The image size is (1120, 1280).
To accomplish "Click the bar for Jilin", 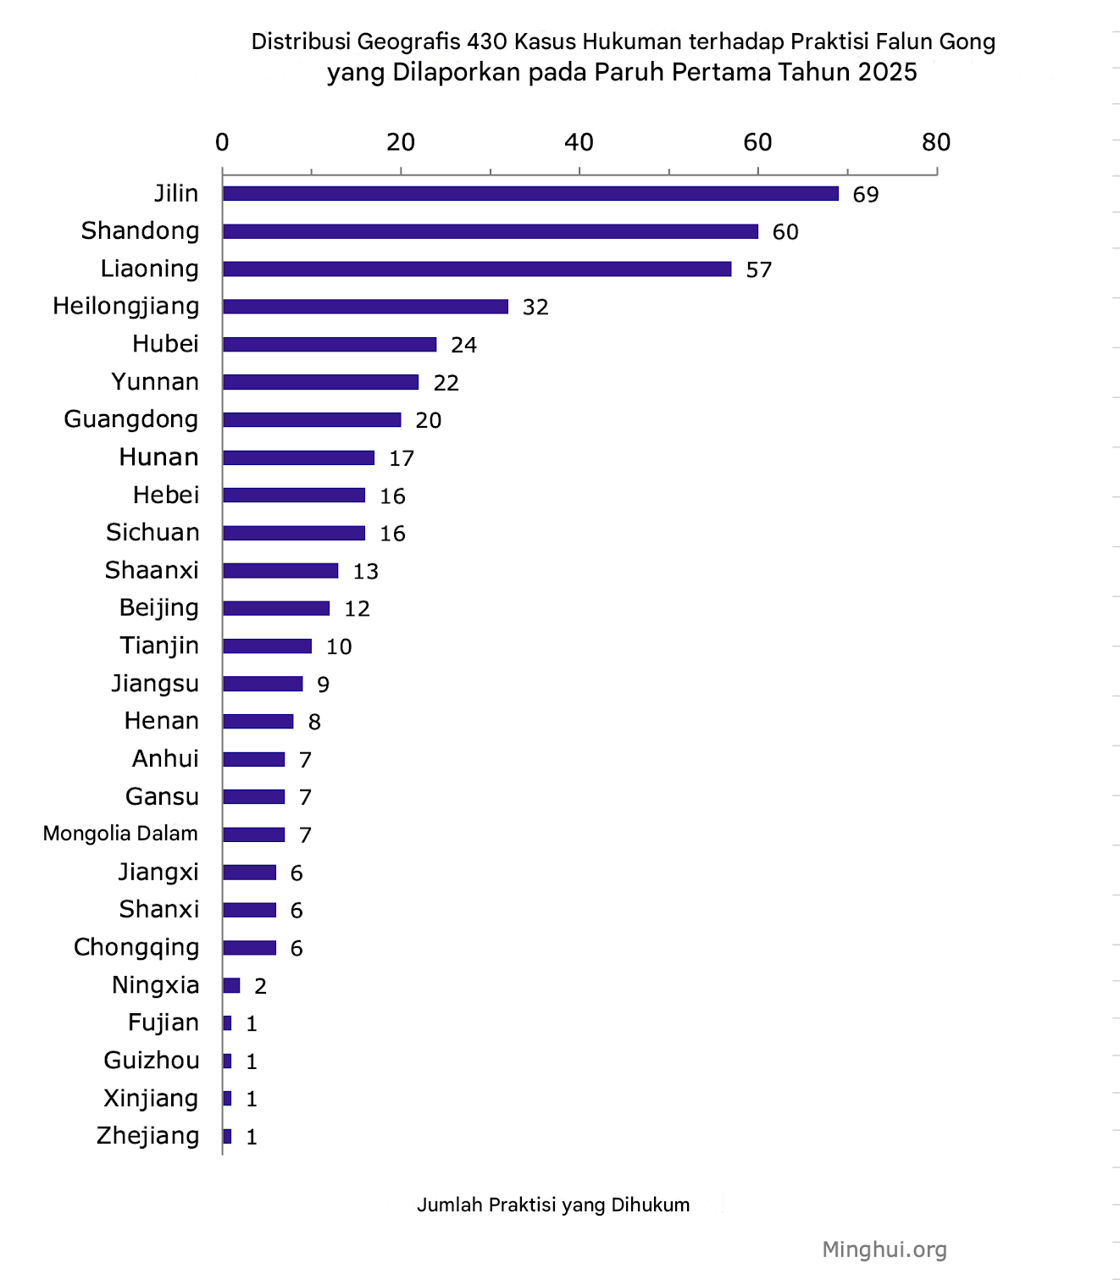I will click(530, 194).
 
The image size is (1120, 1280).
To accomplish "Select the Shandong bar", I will click(491, 232).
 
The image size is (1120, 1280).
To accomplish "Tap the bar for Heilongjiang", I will click(365, 307).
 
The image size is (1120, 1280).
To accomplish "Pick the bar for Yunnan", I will click(320, 382).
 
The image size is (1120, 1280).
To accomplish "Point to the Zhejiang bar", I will click(227, 1137).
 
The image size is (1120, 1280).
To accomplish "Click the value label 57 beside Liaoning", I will click(758, 270).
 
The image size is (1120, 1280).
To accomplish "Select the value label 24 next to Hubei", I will click(463, 345).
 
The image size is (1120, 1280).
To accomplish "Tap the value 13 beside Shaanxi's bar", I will click(365, 572).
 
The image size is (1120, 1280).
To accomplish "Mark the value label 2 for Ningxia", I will click(260, 986).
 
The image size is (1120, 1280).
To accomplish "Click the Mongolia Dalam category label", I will click(120, 834).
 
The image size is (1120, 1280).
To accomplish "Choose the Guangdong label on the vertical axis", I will click(131, 419).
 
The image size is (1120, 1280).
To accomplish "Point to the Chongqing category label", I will click(136, 947).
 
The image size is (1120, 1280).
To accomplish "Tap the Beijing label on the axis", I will click(159, 608).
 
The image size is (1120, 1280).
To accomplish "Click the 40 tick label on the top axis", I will click(579, 142).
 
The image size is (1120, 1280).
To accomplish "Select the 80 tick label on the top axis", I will click(935, 142).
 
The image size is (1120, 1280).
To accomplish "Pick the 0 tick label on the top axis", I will click(222, 142).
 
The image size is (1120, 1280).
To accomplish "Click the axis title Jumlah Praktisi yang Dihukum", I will click(553, 1205).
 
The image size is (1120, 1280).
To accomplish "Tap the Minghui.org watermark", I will click(884, 1250).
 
